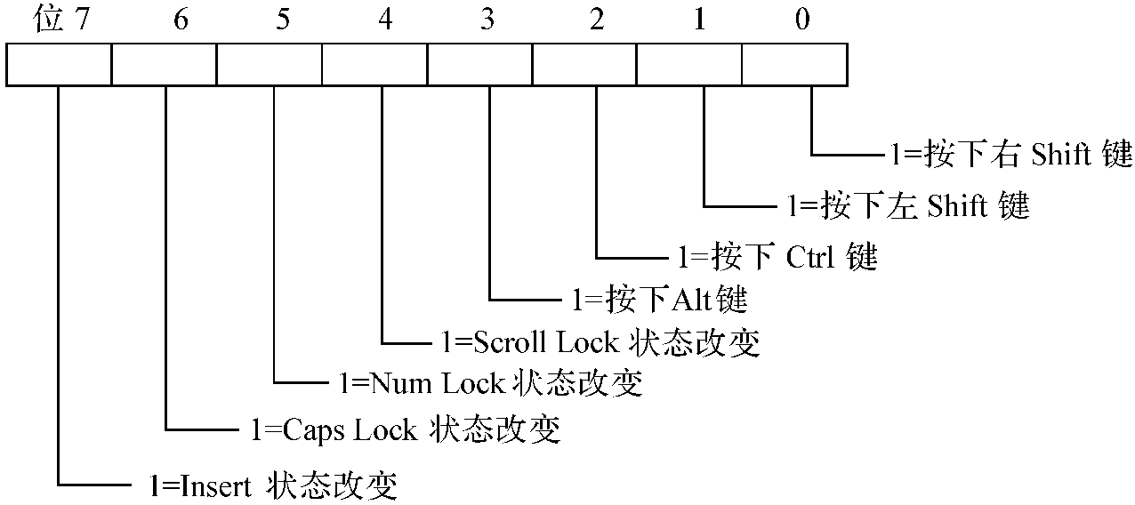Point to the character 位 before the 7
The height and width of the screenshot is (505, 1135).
48,20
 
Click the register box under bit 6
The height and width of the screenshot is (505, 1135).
165,66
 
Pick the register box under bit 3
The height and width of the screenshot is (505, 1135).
479,66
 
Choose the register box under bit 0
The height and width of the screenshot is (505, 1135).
794,66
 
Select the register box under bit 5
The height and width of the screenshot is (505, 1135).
270,66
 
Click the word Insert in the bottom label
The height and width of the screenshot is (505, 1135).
214,485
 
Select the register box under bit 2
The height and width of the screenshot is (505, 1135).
584,66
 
